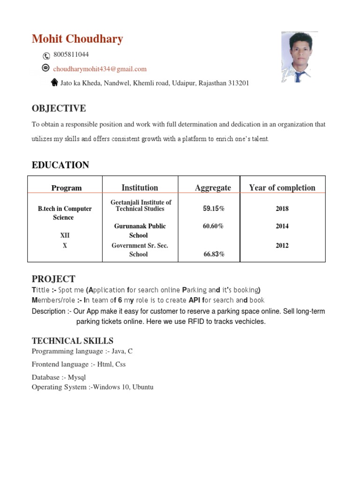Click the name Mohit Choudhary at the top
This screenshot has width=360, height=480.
77,39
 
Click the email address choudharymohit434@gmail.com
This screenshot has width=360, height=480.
99,69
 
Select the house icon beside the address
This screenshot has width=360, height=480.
54,82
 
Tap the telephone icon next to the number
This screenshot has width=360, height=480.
46,56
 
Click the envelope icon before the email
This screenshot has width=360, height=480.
45,68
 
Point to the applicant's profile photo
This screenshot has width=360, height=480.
299,57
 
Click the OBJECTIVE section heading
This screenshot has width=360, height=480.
59,109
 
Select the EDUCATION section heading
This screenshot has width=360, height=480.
60,165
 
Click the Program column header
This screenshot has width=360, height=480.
66,188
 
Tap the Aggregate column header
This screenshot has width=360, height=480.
213,188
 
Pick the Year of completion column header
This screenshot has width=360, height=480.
282,188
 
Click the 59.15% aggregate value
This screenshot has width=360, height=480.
213,209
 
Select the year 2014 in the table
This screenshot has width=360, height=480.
282,226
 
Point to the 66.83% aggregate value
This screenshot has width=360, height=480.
213,254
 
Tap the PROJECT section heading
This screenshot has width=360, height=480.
53,279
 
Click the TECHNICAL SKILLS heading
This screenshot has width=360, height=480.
72,341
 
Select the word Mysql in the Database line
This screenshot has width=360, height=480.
77,377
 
